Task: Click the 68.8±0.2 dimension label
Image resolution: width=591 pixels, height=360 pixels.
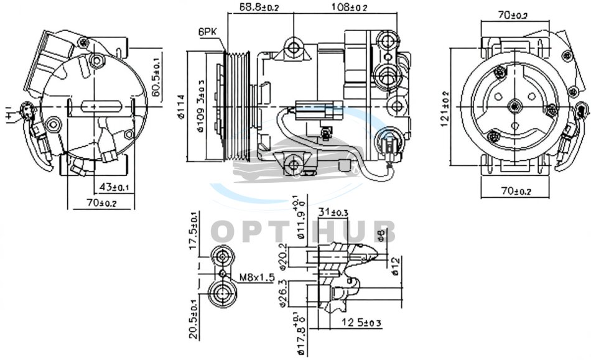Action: pyautogui.click(x=259, y=7)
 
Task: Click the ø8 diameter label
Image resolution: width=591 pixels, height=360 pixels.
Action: pyautogui.click(x=391, y=234)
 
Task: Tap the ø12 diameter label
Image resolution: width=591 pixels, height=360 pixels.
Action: pyautogui.click(x=394, y=266)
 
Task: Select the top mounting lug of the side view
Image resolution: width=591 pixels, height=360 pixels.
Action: pyautogui.click(x=293, y=47)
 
